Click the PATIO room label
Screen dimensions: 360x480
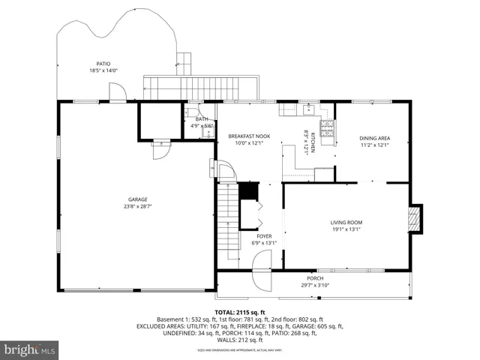(x=103, y=64)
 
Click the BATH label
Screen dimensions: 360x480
(x=201, y=118)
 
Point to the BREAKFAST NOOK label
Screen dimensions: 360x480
(x=249, y=136)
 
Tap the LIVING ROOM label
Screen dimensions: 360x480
(x=346, y=222)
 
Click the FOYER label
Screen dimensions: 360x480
(x=263, y=235)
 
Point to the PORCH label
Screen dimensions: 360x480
(x=315, y=277)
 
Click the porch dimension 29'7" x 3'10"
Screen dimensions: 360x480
(x=315, y=284)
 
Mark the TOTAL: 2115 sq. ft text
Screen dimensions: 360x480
(x=239, y=312)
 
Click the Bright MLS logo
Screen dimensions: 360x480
(x=30, y=349)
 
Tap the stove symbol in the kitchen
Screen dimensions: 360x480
(x=326, y=132)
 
